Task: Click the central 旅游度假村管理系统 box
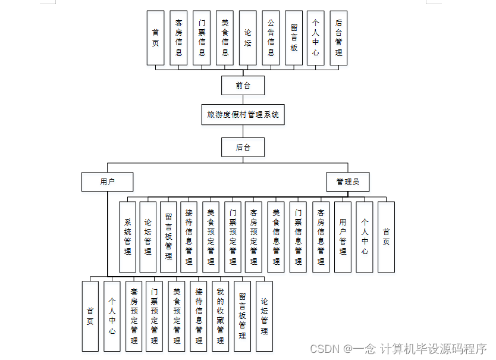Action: point(243,114)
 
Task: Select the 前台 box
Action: point(243,85)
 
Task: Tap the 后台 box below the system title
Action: point(243,147)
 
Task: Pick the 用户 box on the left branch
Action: point(107,181)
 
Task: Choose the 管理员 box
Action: point(347,181)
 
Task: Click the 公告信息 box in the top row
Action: point(271,37)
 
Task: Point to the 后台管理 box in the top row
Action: point(338,37)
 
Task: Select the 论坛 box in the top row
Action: point(247,37)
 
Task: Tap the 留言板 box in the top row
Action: point(294,37)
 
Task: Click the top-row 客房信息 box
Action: point(178,37)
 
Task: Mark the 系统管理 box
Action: point(127,237)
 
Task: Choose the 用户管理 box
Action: point(343,237)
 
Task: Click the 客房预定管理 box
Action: point(254,237)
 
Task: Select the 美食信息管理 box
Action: point(276,237)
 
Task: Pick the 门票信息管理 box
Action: point(298,237)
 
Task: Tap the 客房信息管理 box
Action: point(321,237)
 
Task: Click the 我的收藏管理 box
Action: point(220,316)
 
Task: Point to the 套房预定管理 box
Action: point(134,316)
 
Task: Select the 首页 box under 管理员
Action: point(386,237)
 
